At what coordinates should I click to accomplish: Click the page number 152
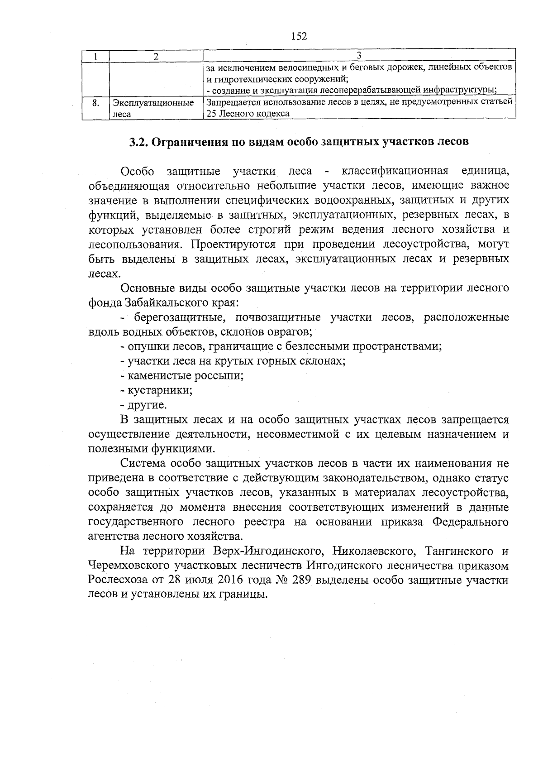coord(299,36)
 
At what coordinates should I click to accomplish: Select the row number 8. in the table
coord(95,103)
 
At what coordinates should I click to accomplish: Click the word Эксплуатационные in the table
coord(153,103)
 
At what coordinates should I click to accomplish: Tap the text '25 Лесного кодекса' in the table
coord(248,114)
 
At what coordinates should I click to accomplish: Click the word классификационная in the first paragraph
coord(395,171)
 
